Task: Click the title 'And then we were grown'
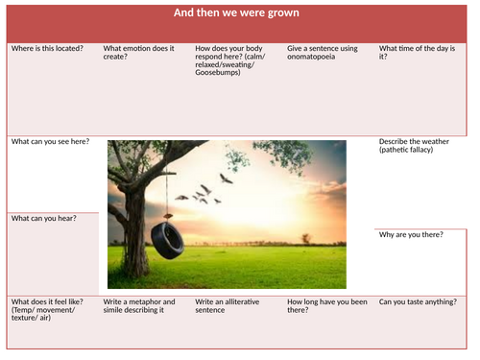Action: click(x=236, y=13)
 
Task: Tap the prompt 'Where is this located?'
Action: click(x=46, y=48)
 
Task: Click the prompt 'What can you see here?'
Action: click(x=50, y=142)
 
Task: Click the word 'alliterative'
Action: click(x=243, y=301)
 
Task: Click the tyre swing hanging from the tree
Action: click(x=168, y=240)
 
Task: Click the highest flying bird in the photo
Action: click(x=226, y=178)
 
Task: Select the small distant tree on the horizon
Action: click(x=305, y=236)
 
